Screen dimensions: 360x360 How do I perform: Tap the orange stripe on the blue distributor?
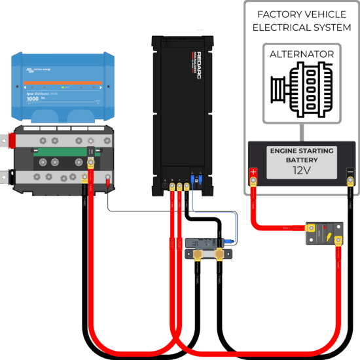(x=63, y=82)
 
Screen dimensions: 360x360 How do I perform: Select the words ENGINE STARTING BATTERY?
(x=302, y=155)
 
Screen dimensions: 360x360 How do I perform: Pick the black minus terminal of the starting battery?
(x=350, y=173)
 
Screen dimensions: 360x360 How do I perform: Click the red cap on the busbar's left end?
(x=10, y=139)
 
